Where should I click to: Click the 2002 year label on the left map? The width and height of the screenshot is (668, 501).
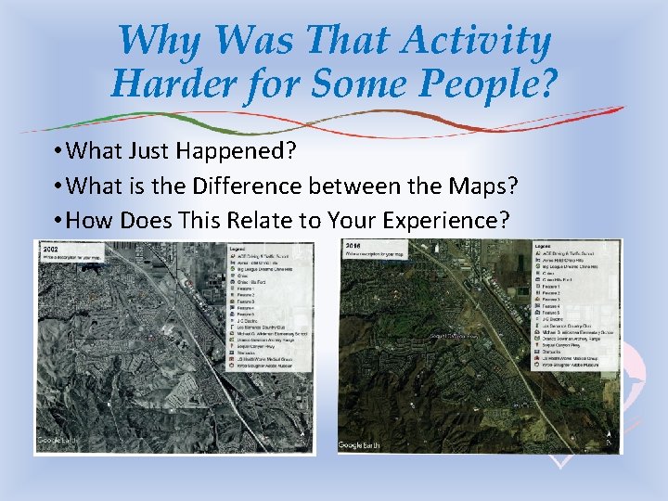click(x=50, y=249)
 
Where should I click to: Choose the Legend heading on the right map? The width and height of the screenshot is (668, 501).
click(x=546, y=246)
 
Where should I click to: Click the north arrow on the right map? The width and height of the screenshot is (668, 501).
click(x=608, y=436)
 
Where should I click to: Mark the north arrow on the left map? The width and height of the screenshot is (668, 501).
click(x=302, y=432)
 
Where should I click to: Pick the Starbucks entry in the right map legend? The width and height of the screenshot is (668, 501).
click(x=558, y=352)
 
